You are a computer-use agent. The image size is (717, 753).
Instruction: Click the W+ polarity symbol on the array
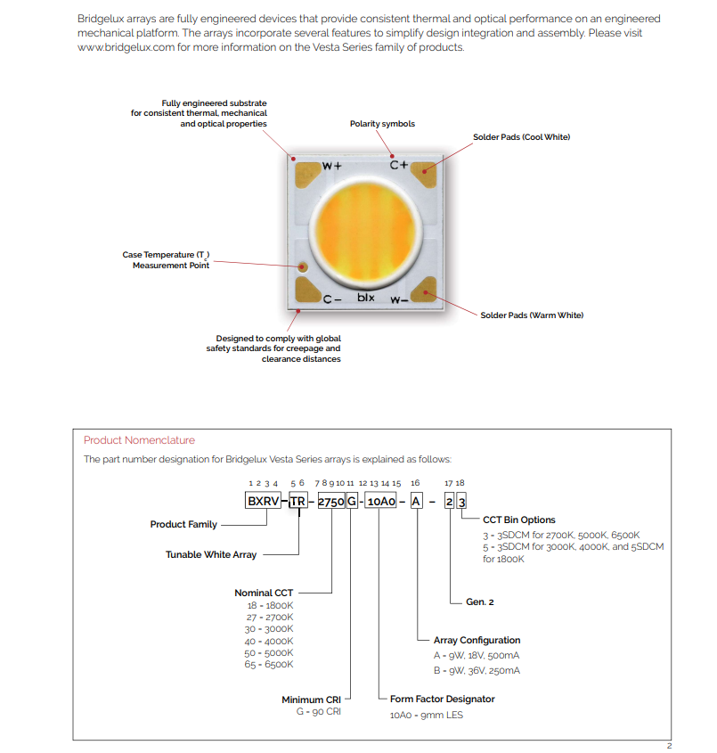point(331,166)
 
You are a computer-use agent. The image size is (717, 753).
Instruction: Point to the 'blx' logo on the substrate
point(366,298)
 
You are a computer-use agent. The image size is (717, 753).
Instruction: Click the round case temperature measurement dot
point(304,266)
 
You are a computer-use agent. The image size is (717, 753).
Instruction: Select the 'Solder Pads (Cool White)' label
point(521,137)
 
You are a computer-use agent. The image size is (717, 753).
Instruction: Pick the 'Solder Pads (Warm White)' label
point(532,315)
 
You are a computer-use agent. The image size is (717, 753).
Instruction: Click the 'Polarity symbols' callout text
point(382,124)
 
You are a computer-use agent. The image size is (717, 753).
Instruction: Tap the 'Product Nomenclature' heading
point(139,440)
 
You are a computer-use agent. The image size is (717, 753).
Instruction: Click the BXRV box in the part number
point(263,501)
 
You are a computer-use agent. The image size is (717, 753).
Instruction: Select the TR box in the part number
point(298,501)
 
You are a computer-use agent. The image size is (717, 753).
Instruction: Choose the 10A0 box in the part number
point(380,501)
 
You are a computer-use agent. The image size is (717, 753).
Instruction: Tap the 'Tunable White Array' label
point(211,554)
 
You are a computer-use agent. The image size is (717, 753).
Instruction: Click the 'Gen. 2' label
point(479,602)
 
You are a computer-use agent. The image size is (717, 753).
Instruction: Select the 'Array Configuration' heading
point(477,640)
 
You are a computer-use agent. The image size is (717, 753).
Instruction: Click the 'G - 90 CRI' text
point(319,712)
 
